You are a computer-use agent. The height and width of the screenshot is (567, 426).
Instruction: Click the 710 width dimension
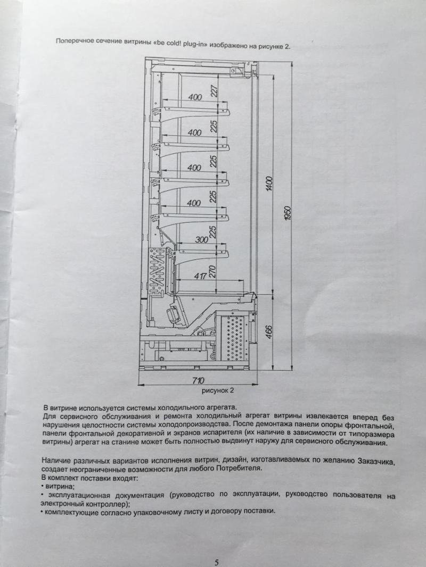click(x=198, y=380)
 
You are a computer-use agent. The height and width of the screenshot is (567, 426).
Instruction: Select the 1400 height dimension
click(x=269, y=184)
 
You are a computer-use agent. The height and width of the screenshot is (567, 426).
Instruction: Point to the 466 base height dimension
click(x=268, y=332)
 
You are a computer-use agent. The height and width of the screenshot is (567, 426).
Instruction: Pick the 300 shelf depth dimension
click(x=202, y=239)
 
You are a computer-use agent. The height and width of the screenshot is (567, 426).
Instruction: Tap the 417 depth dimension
click(x=200, y=276)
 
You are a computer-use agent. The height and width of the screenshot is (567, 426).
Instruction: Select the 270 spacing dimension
click(x=212, y=272)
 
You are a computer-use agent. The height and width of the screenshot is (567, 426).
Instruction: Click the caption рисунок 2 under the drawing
click(x=218, y=390)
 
